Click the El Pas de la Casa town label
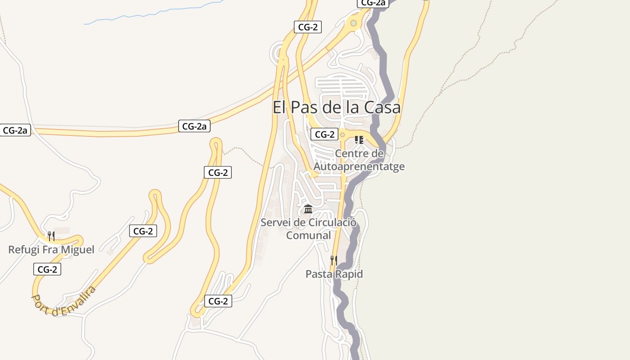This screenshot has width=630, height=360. coord(336,108)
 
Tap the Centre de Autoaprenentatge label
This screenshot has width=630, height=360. coord(359,160)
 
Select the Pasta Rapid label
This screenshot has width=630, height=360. coord(334,274)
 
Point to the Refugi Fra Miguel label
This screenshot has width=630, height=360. coord(51,250)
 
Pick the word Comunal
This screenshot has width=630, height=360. coord(309,235)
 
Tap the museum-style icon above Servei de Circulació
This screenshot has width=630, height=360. coord(308,209)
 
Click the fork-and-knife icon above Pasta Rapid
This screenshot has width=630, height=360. coord(333,260)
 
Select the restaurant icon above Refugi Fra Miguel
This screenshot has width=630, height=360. coord(51,236)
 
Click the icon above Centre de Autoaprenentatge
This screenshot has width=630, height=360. coord(359,140)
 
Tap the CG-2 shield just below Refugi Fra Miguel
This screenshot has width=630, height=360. coord(47,270)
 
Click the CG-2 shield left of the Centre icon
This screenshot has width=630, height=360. coord(324,134)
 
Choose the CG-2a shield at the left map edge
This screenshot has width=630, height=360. coord(15,130)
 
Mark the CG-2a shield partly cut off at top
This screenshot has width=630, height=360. coord(373,3)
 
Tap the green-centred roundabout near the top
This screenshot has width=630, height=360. coord(353,23)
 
